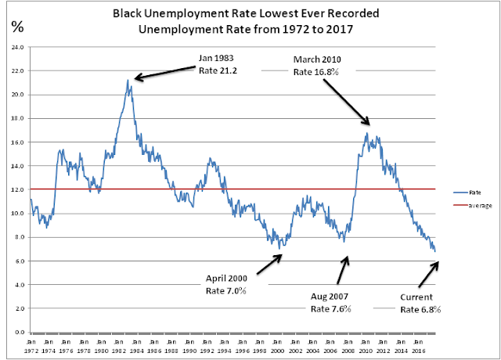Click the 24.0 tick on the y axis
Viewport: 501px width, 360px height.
click(x=17, y=47)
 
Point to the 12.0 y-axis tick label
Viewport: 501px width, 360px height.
click(x=17, y=189)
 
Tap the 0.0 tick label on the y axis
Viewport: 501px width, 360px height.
click(x=19, y=332)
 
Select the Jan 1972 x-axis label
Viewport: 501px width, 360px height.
click(x=31, y=346)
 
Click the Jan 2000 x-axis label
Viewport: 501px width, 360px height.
click(x=277, y=346)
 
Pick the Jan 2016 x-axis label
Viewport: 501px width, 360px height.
click(x=418, y=346)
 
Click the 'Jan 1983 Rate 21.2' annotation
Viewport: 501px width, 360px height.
click(x=218, y=64)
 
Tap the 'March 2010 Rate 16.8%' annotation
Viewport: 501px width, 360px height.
click(x=317, y=66)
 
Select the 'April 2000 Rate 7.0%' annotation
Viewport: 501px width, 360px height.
click(x=226, y=285)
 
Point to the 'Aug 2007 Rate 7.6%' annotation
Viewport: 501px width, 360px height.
click(x=330, y=303)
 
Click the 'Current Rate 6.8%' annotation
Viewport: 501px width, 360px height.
click(x=420, y=303)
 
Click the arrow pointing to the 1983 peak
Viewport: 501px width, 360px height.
click(x=165, y=73)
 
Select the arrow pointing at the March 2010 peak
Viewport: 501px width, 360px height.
click(x=346, y=102)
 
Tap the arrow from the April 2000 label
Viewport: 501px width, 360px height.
click(x=269, y=265)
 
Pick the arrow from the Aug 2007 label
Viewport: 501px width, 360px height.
click(x=343, y=270)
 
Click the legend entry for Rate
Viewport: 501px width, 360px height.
click(x=467, y=193)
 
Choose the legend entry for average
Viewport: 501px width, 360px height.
click(x=473, y=205)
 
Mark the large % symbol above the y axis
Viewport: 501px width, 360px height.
click(x=17, y=27)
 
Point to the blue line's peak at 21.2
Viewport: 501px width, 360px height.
click(x=128, y=80)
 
